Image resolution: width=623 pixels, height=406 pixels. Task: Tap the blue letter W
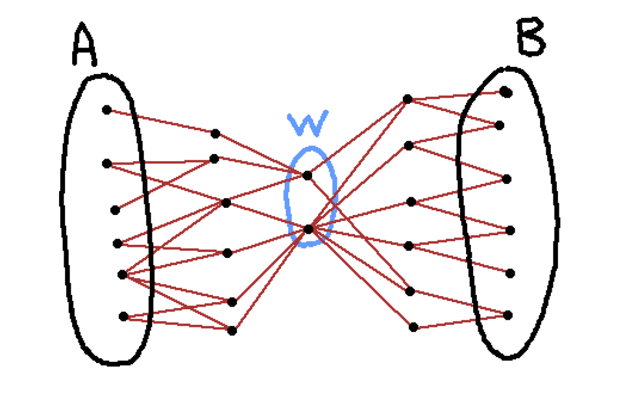[308, 123]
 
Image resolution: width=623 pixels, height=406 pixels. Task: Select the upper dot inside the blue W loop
[307, 175]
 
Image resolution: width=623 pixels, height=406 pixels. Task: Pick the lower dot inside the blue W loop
[309, 229]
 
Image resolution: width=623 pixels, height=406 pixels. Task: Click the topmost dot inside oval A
[106, 110]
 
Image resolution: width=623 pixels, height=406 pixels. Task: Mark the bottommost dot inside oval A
[123, 316]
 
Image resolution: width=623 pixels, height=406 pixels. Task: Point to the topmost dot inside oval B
[506, 92]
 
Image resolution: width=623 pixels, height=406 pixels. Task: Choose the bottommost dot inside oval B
[508, 315]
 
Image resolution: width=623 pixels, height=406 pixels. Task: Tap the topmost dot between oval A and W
[215, 134]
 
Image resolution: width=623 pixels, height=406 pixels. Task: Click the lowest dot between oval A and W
[232, 330]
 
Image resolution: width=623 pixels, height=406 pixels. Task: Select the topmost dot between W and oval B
[408, 99]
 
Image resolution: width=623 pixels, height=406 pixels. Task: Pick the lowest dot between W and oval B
[413, 327]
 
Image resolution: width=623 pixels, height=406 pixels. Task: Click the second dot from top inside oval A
[107, 164]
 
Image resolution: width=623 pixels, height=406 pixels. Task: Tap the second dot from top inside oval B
[499, 125]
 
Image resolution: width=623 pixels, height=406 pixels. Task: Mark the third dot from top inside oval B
[506, 179]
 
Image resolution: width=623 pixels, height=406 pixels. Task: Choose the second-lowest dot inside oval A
[122, 275]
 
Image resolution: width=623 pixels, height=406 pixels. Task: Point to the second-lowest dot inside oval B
[510, 273]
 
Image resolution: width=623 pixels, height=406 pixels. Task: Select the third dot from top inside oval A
[116, 210]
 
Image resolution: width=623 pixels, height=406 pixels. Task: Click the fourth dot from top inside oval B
[510, 230]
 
